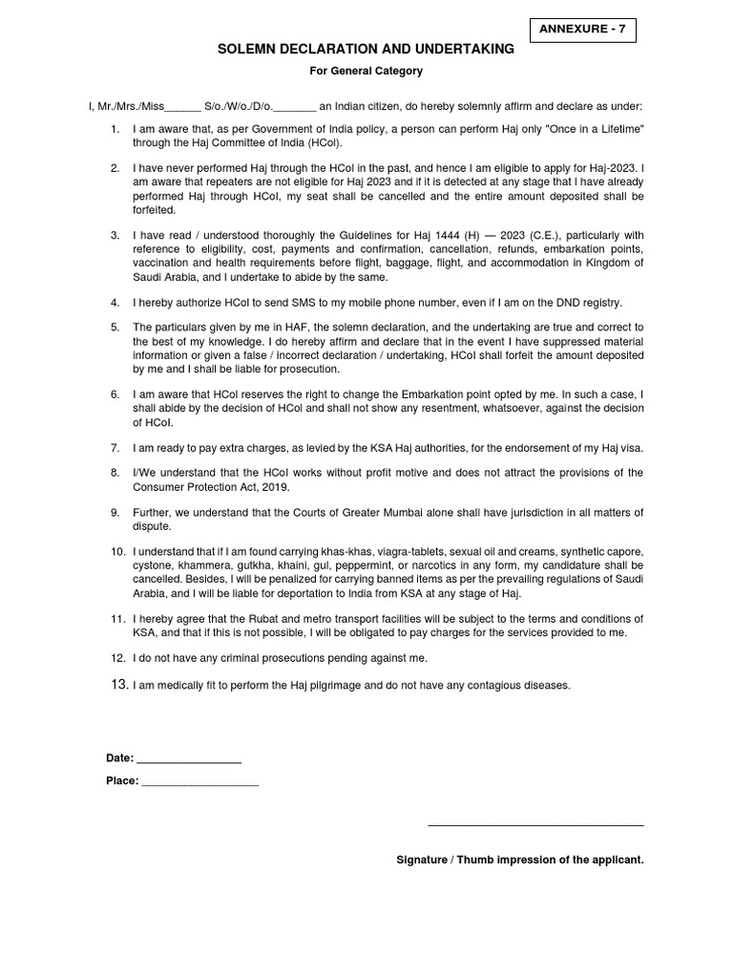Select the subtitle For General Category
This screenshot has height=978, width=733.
click(366, 71)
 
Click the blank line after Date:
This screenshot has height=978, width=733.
click(189, 758)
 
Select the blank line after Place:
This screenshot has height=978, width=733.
click(200, 781)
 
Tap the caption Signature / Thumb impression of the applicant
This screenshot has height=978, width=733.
click(520, 861)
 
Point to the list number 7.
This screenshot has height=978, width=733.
click(115, 447)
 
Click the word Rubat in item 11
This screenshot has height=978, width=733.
click(264, 619)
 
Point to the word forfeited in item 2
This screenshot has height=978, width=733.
click(155, 208)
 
